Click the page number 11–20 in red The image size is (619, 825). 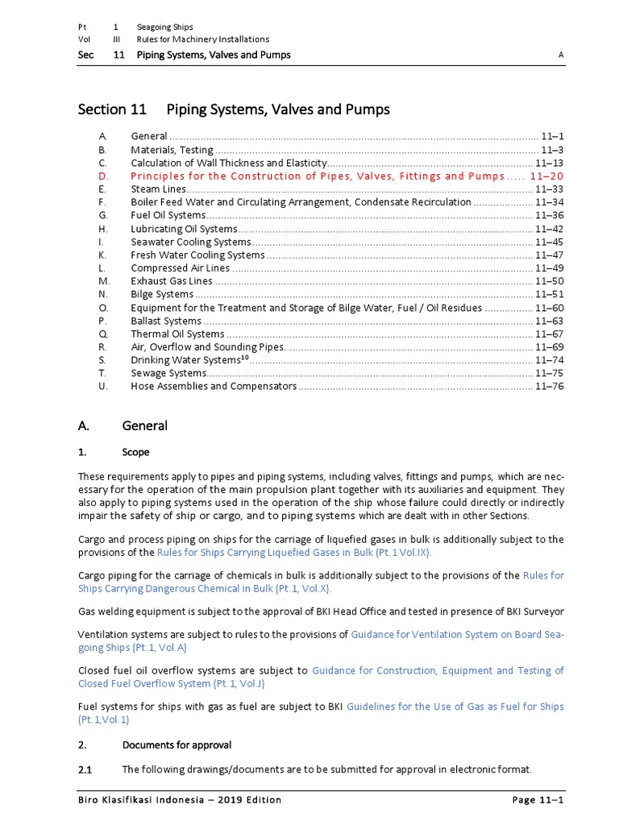546,176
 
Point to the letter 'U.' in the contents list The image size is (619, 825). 102,386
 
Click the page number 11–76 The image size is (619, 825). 549,386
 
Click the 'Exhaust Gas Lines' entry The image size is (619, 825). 172,281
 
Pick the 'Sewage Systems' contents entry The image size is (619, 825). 168,373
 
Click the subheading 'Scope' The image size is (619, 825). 135,452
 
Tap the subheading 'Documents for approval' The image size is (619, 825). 177,744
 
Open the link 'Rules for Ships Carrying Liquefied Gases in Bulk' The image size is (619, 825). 294,553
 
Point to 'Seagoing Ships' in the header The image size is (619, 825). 164,27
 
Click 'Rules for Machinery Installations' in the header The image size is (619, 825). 202,39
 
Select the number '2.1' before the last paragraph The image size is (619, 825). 85,769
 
